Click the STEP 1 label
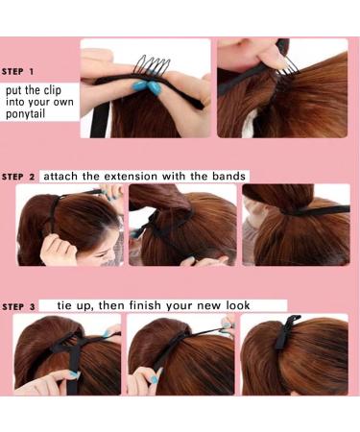[x=18, y=72]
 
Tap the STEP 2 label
[x=18, y=177]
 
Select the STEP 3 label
[x=18, y=306]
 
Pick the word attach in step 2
[x=60, y=176]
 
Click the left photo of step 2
[x=69, y=225]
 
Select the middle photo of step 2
[x=182, y=225]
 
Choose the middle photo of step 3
[x=181, y=355]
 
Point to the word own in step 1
[x=60, y=103]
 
